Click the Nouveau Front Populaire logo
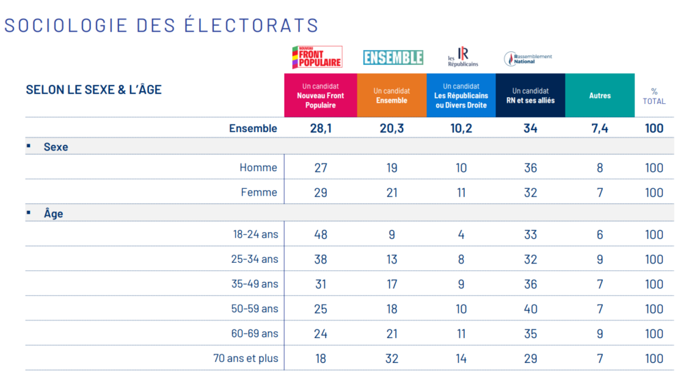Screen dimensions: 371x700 point(317,57)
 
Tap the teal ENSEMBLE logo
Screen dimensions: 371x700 point(393,57)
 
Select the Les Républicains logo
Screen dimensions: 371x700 point(463,57)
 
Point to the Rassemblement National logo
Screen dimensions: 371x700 point(528,58)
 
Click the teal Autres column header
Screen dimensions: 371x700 point(600,96)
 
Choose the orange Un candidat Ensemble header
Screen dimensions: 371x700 point(392,96)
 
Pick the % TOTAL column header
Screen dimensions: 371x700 point(654,96)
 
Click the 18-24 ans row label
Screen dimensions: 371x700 point(256,235)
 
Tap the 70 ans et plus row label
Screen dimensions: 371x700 point(246,358)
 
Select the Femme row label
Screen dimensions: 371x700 point(259,192)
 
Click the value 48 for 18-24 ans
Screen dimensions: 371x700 point(321,235)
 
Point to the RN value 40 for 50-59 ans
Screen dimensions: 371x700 point(530,309)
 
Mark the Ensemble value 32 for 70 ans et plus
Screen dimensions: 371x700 point(392,358)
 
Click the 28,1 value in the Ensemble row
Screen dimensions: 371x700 point(321,128)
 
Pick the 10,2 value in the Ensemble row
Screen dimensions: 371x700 point(461,128)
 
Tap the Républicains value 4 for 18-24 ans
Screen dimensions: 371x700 point(461,235)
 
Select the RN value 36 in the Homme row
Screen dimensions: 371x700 point(530,168)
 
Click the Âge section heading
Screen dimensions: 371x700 point(53,214)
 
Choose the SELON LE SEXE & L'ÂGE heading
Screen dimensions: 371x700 point(94,90)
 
